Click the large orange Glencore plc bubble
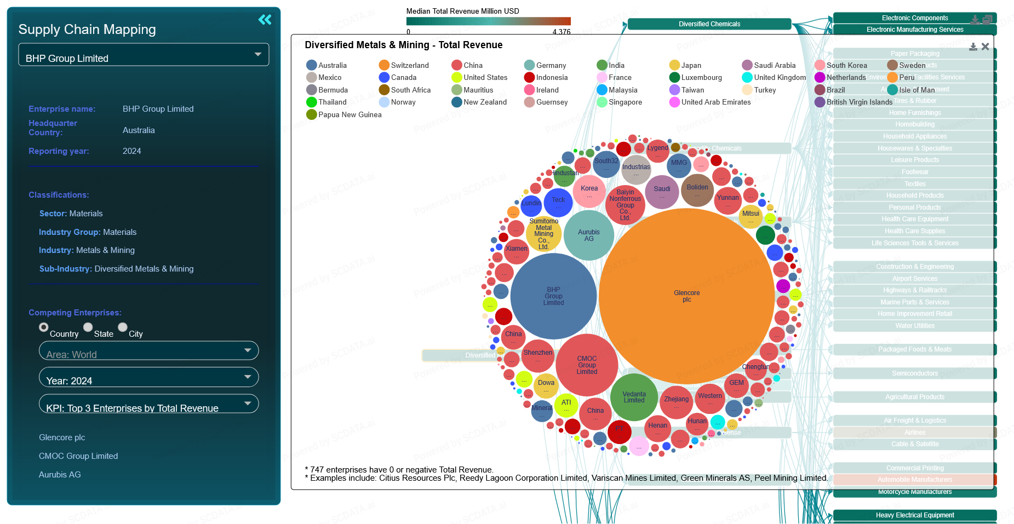pyautogui.click(x=686, y=296)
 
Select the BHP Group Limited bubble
pyautogui.click(x=553, y=296)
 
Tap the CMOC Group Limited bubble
pyautogui.click(x=587, y=365)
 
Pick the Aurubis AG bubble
pyautogui.click(x=589, y=235)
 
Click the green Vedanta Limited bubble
pyautogui.click(x=634, y=397)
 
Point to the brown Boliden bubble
pyautogui.click(x=697, y=189)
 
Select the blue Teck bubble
pyautogui.click(x=558, y=202)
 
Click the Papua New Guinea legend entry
pyautogui.click(x=344, y=114)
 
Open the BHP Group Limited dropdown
pyautogui.click(x=144, y=55)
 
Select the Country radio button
pyautogui.click(x=44, y=327)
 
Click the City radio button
pyautogui.click(x=123, y=327)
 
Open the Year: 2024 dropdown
pyautogui.click(x=148, y=377)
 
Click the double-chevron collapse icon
pyautogui.click(x=265, y=20)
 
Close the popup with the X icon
pyautogui.click(x=986, y=47)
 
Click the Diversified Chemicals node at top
pyautogui.click(x=709, y=24)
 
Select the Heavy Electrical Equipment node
pyautogui.click(x=914, y=515)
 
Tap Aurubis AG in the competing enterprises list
pyautogui.click(x=60, y=475)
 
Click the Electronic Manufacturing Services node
pyautogui.click(x=914, y=30)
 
